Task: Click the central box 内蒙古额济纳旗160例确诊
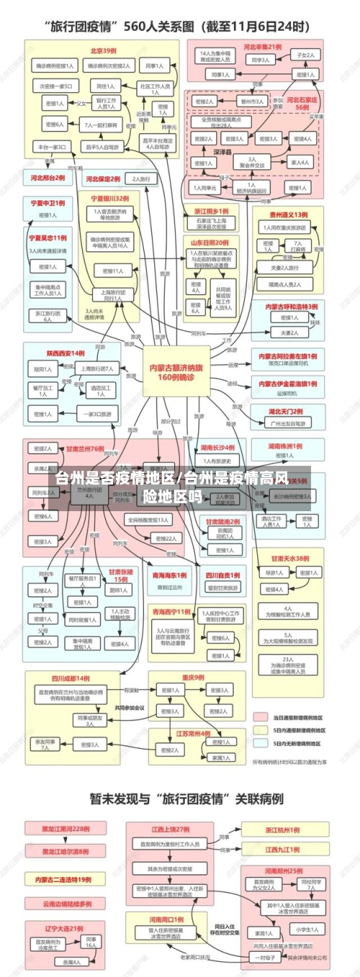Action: click(x=171, y=372)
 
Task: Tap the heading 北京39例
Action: click(x=103, y=50)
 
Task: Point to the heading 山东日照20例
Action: click(x=210, y=243)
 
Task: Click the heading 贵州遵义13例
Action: click(x=288, y=215)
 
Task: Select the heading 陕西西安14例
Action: click(x=66, y=354)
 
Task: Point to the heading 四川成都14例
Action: click(x=70, y=677)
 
